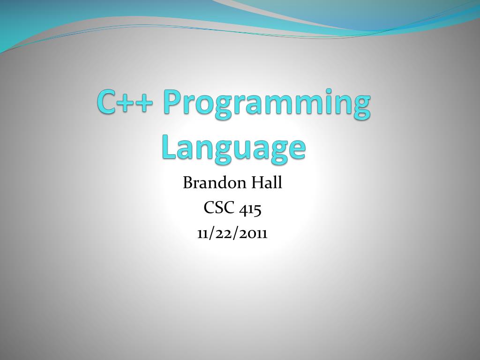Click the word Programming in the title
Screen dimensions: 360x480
coord(267,103)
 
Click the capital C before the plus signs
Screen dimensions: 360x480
coord(107,102)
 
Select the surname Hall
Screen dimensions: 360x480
coord(266,182)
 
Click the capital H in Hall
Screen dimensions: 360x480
coord(256,182)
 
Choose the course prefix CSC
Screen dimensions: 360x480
coord(219,208)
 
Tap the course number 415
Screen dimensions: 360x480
coord(250,208)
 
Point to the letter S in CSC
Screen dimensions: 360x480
coord(219,208)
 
